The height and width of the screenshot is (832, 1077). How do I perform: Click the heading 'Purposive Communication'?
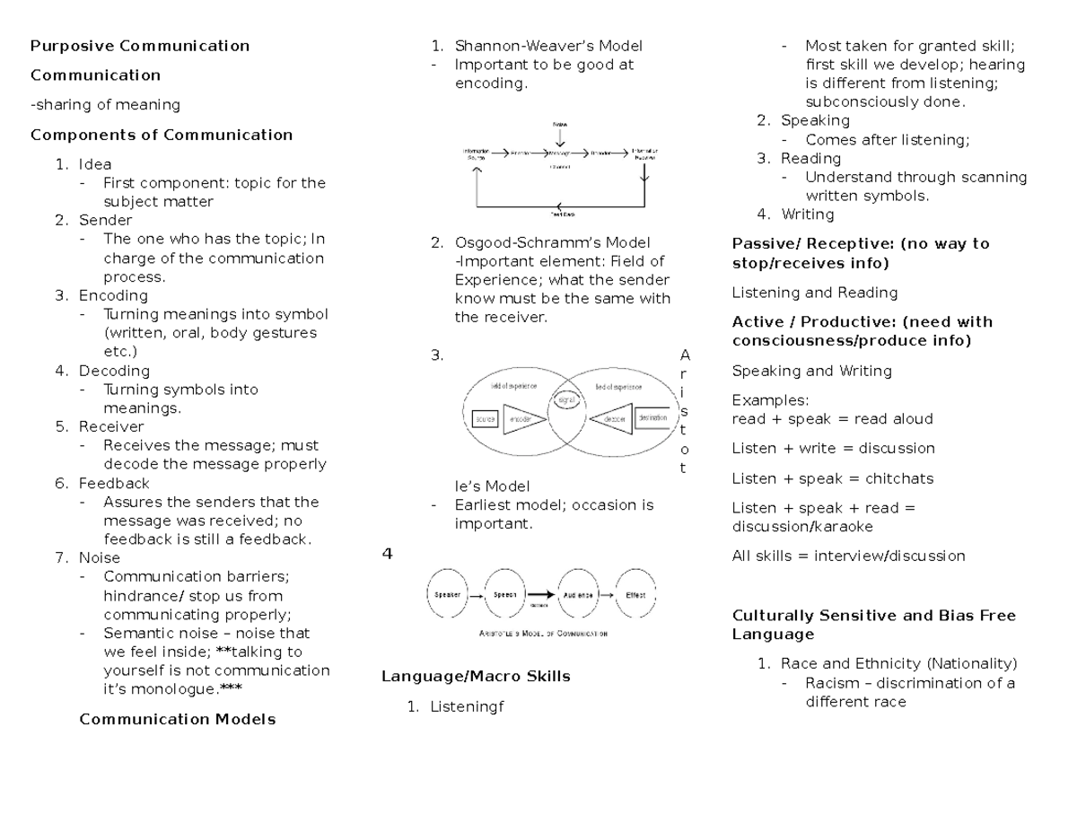[x=139, y=46]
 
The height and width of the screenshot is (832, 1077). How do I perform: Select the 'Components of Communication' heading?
[x=162, y=135]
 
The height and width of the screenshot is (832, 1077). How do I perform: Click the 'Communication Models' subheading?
[x=177, y=719]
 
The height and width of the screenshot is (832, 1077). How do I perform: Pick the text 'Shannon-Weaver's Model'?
[x=548, y=46]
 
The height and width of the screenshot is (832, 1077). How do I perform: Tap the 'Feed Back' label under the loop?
[x=561, y=215]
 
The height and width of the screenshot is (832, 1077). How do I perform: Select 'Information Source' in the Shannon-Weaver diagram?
[x=477, y=153]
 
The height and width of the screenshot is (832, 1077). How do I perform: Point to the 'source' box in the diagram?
[x=486, y=419]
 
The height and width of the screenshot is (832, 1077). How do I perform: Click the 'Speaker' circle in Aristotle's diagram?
[x=447, y=594]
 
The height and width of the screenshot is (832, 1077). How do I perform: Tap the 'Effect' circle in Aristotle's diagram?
[x=635, y=594]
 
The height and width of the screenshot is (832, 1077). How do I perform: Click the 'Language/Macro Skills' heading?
[x=476, y=676]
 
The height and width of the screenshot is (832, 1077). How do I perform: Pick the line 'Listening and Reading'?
[x=815, y=293]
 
